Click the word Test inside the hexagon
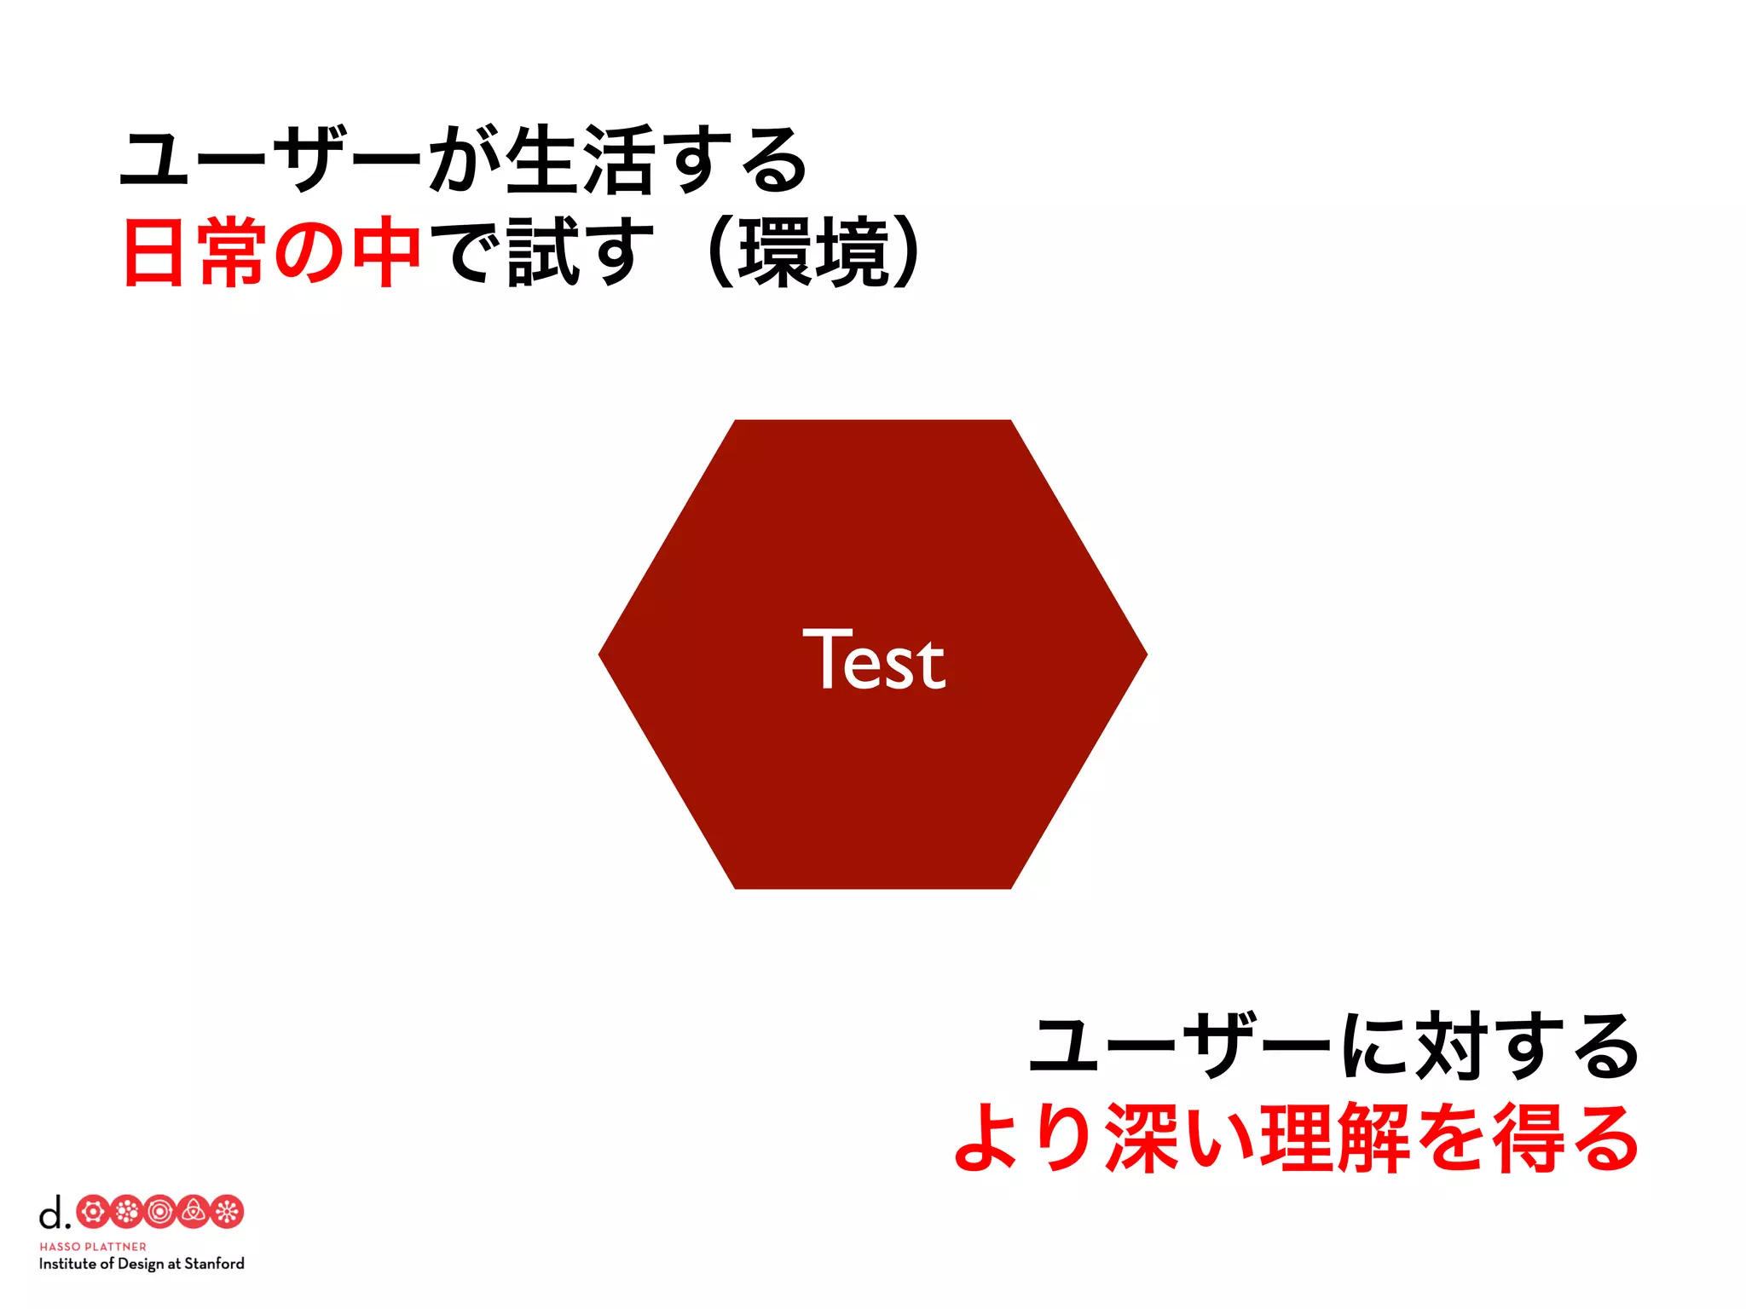coord(874,660)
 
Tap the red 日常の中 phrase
coord(272,252)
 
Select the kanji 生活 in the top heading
coord(581,160)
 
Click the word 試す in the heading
coord(581,252)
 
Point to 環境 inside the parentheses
coord(814,252)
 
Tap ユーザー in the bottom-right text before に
coord(1180,1047)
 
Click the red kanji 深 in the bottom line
coord(1143,1139)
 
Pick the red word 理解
coord(1334,1139)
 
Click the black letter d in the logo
coord(51,1212)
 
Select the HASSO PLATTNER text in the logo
coord(93,1247)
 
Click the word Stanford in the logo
coord(214,1264)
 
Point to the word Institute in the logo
coord(68,1264)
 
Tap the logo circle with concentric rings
coord(159,1212)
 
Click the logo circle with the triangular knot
coord(194,1212)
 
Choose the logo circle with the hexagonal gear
coord(93,1212)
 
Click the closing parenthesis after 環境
coord(907,252)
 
